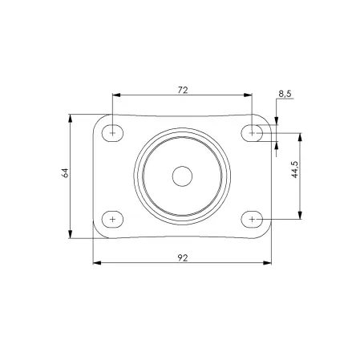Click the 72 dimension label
(183, 90)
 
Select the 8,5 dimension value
(285, 94)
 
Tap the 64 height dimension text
(65, 173)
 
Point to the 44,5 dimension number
(294, 169)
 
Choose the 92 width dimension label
(183, 258)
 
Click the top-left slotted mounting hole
(112, 133)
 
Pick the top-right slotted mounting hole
(252, 133)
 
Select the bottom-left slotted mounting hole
(112, 220)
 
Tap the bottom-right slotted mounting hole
(252, 220)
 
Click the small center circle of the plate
(182, 176)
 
